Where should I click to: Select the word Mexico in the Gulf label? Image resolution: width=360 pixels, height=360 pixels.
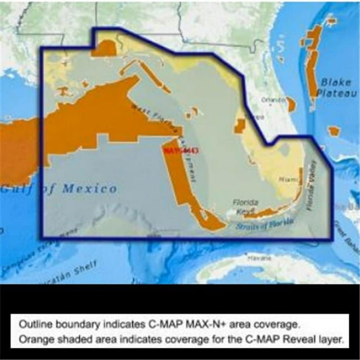[89, 188]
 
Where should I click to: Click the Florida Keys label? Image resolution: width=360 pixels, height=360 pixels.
[246, 206]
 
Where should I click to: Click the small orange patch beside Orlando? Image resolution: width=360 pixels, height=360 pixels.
[291, 104]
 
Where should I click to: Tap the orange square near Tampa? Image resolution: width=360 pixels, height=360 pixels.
[240, 126]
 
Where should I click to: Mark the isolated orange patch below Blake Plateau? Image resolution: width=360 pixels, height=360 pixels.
[334, 130]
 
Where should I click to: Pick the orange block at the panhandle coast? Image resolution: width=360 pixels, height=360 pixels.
[104, 48]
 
